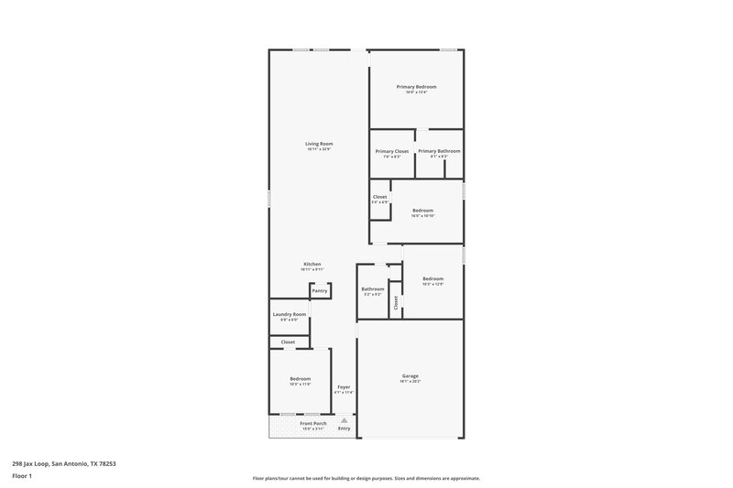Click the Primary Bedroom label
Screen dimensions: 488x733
click(x=416, y=87)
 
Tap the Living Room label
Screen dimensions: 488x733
click(x=319, y=144)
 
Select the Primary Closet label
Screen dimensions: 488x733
click(x=391, y=151)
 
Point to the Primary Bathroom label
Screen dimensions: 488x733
click(x=439, y=151)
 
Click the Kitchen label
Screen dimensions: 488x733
click(x=312, y=264)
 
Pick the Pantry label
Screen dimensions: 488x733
click(x=320, y=290)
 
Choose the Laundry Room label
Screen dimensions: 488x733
click(x=288, y=314)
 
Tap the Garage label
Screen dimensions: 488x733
click(x=410, y=375)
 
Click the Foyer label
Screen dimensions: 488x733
click(x=344, y=387)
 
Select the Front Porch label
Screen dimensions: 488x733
click(x=312, y=423)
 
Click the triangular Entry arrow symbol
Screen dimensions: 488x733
click(x=345, y=420)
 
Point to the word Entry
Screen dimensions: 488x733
click(x=345, y=428)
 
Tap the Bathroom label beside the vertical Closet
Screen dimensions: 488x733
click(x=373, y=289)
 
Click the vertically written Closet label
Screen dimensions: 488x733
click(x=396, y=302)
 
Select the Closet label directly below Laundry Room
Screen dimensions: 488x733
click(x=288, y=342)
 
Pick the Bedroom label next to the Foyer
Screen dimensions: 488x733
click(x=300, y=378)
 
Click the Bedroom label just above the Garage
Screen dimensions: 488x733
click(x=432, y=278)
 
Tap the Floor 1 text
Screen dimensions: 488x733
click(x=22, y=477)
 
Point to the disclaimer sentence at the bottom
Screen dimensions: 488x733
click(x=366, y=478)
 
